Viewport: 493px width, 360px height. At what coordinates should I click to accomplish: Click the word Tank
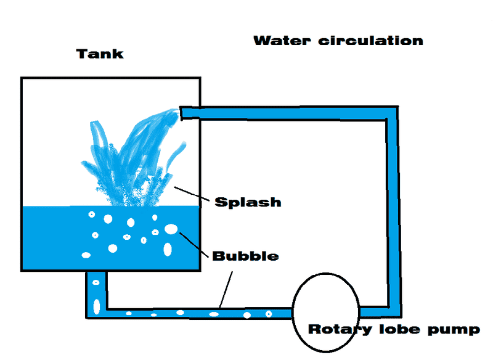pos(100,54)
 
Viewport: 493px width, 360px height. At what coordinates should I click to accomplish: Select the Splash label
pos(247,202)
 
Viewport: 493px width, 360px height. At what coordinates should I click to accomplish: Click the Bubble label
pos(245,255)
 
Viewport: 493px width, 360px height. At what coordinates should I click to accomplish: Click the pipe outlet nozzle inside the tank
pos(185,112)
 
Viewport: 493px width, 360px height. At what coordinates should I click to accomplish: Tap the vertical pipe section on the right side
pos(392,210)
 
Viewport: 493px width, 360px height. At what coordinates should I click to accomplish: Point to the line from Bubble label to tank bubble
pos(194,243)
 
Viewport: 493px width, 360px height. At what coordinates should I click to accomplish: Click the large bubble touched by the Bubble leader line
pos(171,229)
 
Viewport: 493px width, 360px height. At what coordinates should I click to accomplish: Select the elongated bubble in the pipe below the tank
pos(96,305)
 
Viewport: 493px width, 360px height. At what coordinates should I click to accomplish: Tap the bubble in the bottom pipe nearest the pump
pos(269,314)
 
